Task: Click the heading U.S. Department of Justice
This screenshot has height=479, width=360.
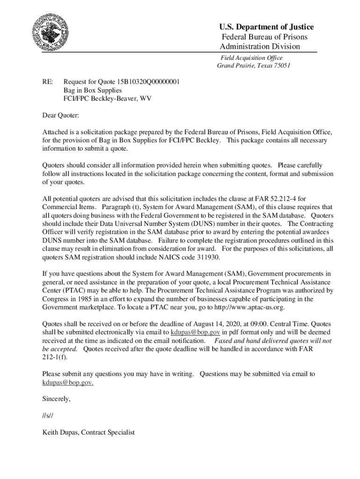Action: point(267,27)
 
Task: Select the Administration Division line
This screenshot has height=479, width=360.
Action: point(260,46)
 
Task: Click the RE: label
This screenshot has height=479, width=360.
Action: point(48,81)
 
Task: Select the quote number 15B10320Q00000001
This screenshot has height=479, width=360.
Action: point(148,81)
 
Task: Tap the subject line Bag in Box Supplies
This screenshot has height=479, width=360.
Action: point(93,90)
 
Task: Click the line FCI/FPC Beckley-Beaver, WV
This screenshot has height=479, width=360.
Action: point(107,98)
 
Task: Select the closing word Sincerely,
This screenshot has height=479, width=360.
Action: point(57,399)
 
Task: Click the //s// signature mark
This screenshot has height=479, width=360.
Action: point(49,416)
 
